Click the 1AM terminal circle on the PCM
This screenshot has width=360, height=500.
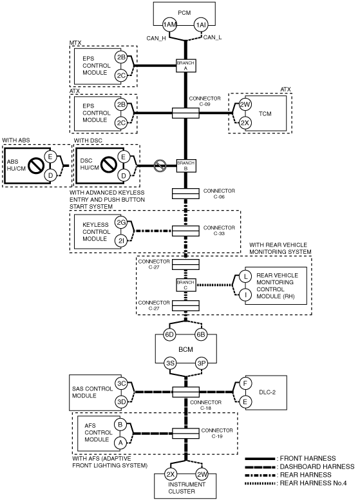point(169,24)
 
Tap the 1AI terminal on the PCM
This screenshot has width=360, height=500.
point(201,24)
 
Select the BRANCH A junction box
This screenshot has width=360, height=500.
point(185,66)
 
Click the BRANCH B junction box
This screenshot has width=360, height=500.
point(185,166)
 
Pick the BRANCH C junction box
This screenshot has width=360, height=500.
point(185,285)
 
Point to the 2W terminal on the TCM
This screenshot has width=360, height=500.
point(245,104)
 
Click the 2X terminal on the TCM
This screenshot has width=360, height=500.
point(245,123)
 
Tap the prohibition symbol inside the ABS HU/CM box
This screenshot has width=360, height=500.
point(35,166)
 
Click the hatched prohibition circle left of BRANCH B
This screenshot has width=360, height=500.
point(160,166)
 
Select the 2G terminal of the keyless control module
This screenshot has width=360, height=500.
point(121,222)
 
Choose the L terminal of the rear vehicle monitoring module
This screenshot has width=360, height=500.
point(245,276)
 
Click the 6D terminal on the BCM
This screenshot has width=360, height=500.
point(170,334)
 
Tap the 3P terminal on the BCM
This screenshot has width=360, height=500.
point(201,363)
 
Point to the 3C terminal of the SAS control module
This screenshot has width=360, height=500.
point(121,383)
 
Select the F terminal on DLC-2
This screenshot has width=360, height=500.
point(245,383)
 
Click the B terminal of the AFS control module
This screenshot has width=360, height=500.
point(120,425)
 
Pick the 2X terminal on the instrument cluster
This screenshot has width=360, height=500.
point(171,474)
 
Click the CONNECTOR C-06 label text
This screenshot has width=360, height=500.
point(219,193)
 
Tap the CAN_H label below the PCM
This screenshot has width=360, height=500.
point(156,39)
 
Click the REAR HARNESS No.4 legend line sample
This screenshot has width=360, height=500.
point(260,483)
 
